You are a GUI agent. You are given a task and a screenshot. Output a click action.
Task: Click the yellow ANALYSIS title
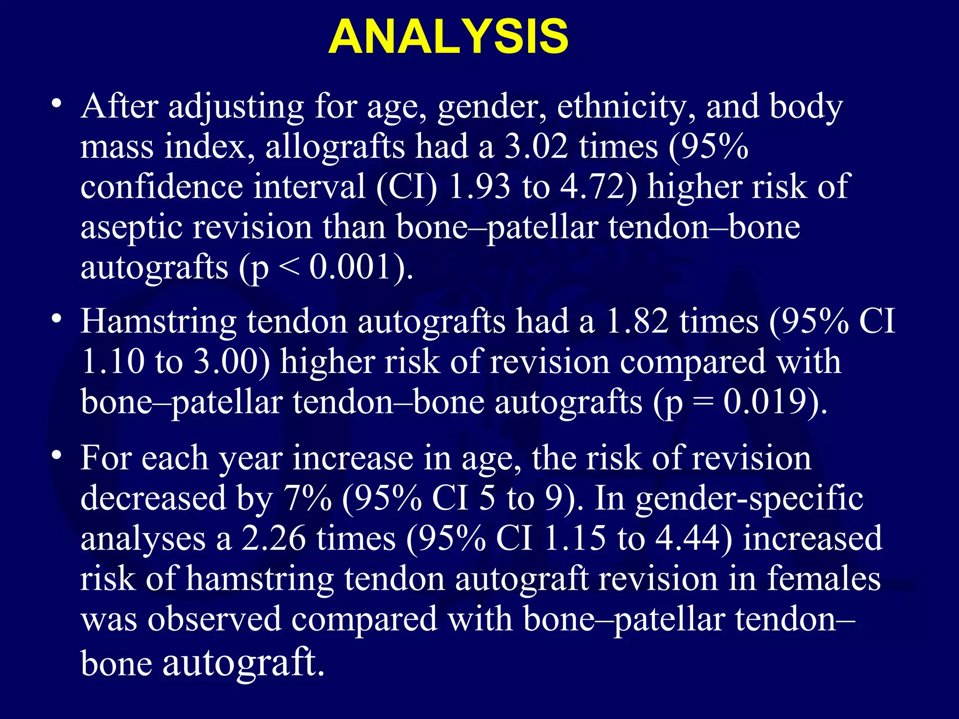point(448,37)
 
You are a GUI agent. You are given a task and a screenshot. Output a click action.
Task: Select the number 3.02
point(537,147)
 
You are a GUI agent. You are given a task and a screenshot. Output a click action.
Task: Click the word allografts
point(335,147)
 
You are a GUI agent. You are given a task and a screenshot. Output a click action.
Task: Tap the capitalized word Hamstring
point(158,322)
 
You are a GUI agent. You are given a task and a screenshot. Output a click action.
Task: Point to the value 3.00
point(227,362)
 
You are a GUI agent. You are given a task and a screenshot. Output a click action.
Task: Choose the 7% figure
point(307,498)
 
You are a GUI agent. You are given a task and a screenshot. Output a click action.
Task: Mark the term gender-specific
point(749,499)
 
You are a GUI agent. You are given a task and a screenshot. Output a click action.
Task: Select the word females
point(824,579)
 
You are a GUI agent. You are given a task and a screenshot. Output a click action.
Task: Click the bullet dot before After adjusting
point(57,103)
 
